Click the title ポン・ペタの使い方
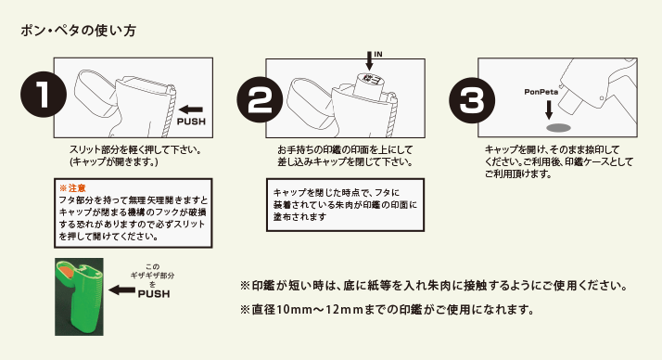[79, 31]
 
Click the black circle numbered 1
[44, 95]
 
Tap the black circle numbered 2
[260, 99]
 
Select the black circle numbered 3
[472, 100]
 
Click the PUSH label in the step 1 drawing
[191, 122]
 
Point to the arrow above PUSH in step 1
[191, 109]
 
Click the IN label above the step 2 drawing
[378, 54]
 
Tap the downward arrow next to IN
[369, 60]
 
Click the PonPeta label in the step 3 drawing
[541, 92]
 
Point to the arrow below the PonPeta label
[549, 109]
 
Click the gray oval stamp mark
[558, 128]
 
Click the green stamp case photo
[79, 297]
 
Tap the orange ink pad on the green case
[66, 272]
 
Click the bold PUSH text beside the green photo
[154, 294]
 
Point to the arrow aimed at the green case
[122, 290]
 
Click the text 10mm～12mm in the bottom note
[320, 310]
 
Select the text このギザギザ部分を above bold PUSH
[152, 276]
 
